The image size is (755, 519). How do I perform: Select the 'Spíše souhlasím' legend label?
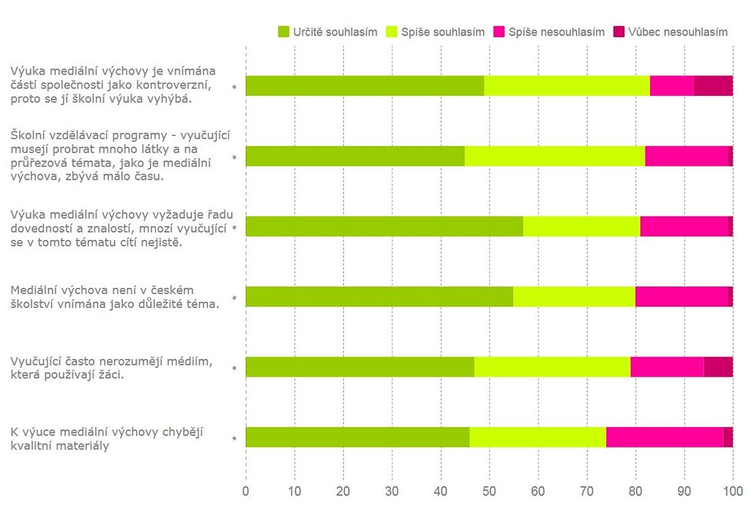[x=442, y=32]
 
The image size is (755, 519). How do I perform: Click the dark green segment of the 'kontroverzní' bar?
[x=365, y=86]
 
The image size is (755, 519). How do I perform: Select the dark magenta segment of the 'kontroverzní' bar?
[x=714, y=86]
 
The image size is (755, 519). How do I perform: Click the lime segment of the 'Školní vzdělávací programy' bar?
[x=555, y=156]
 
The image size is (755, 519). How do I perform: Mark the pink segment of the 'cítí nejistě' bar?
[x=684, y=226]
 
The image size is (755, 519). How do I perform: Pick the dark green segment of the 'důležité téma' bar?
[x=379, y=296]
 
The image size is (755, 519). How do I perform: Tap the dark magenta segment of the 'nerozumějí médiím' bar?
[x=718, y=367]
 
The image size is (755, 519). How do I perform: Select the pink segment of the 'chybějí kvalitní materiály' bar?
[x=664, y=438]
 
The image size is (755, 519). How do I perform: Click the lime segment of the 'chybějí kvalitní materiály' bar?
[x=538, y=438]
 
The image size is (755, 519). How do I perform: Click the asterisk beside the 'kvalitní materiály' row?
[x=234, y=439]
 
